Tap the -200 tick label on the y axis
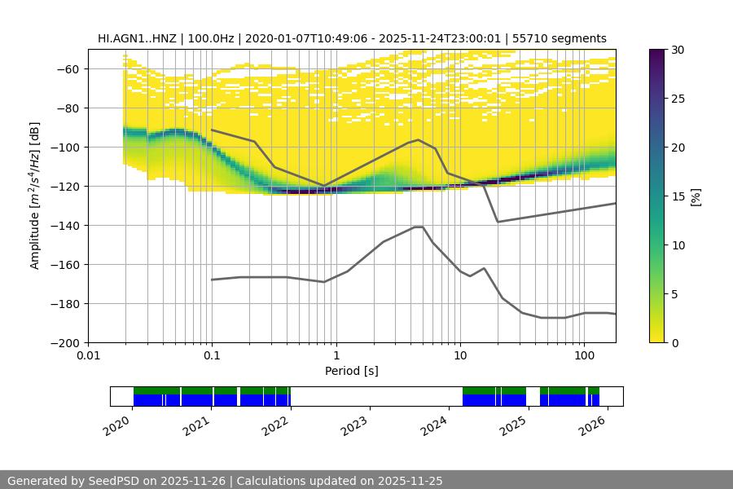[x=68, y=343]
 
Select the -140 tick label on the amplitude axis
[x=68, y=226]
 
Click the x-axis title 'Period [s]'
[x=351, y=371]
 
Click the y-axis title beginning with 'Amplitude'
[x=34, y=196]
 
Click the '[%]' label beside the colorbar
[x=696, y=196]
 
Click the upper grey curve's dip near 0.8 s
[x=324, y=186]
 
